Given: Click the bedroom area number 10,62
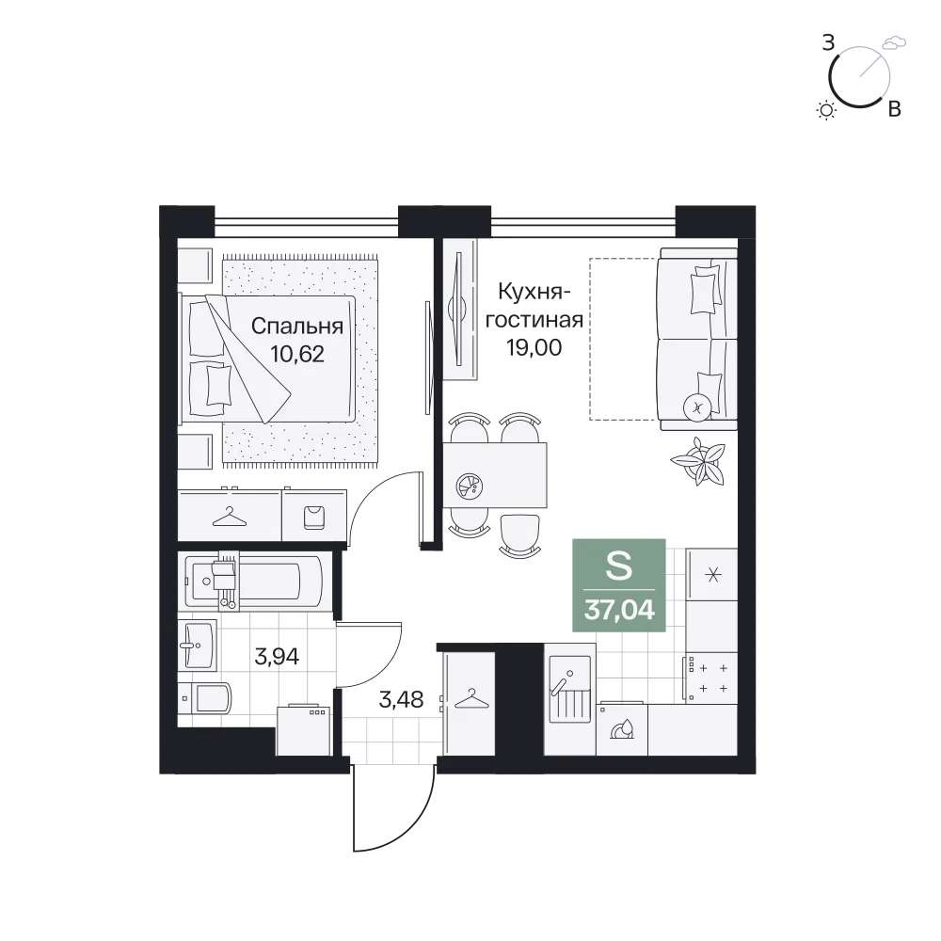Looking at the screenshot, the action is coord(297,354).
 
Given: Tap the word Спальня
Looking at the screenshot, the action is coord(297,326).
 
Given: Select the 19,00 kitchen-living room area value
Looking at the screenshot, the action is coord(534,347).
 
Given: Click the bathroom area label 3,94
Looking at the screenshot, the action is coord(277,657).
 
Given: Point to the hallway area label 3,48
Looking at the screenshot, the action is coord(401,699).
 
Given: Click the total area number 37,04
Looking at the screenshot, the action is coord(619,610).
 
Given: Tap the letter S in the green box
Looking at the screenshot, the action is coord(619,566).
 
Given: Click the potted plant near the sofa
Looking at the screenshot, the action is coord(698,461).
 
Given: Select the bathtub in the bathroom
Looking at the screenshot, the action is coord(253,581).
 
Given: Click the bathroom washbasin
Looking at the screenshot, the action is coord(198,646).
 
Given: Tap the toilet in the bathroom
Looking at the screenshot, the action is coord(205,698).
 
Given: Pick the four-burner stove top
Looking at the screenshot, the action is coord(711,677).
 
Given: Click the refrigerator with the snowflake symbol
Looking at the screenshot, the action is coord(711,576).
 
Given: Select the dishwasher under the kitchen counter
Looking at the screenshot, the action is coord(622,728).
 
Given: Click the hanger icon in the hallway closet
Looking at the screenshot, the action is coord(471,699).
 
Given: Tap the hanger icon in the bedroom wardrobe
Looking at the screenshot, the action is coord(230,517).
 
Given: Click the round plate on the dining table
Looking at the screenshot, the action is coord(470,486).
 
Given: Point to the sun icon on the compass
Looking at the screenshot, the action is coord(827,110).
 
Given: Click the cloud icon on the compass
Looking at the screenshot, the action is coord(894,42).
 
